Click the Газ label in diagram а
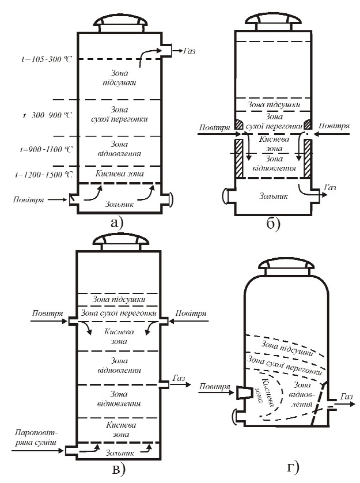(189, 51)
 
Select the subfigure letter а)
(116, 222)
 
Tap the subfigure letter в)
(117, 470)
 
